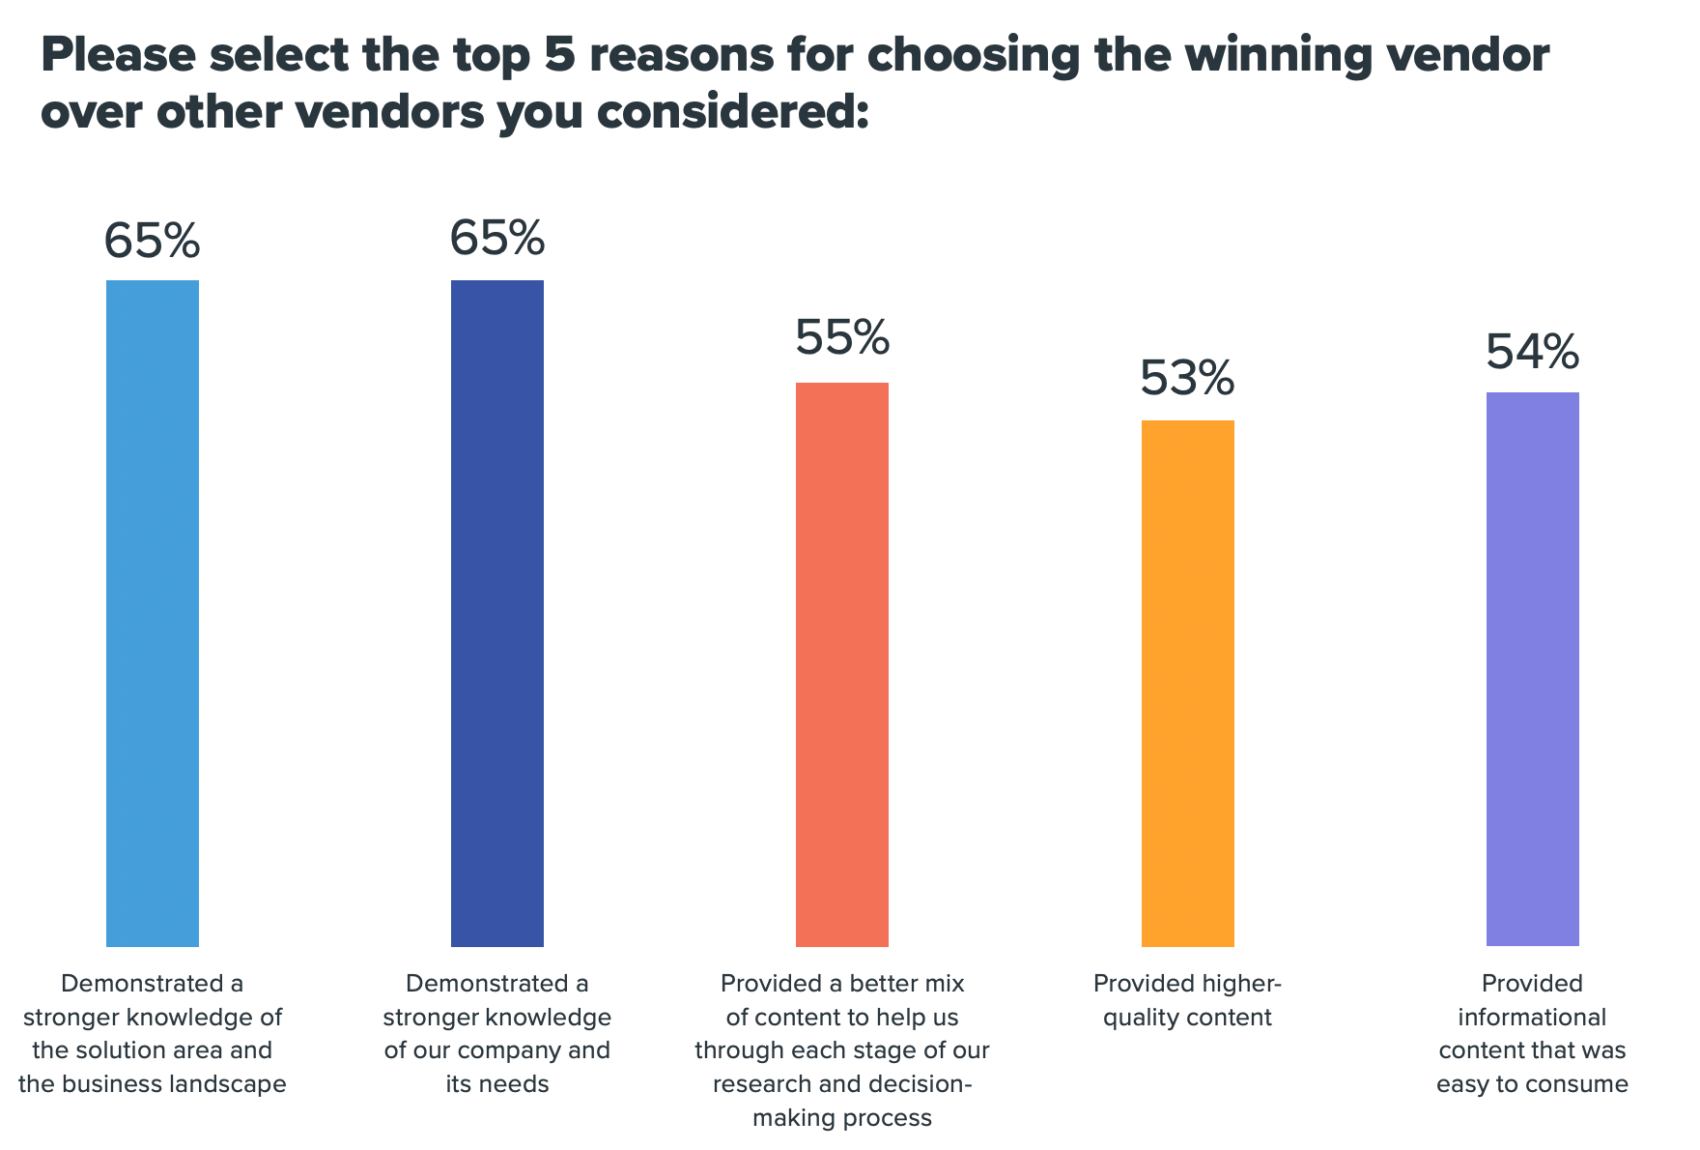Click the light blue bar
(153, 613)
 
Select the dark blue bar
(497, 613)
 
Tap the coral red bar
(842, 664)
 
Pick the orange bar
(1187, 682)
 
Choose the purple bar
(1532, 669)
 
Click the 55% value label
(842, 337)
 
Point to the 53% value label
(1187, 378)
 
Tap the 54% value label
(1532, 352)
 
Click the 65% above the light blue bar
(153, 241)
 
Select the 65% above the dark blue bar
(497, 238)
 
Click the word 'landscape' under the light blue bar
(227, 1084)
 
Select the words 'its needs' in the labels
(497, 1084)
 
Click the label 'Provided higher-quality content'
(1187, 1000)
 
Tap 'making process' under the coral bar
(842, 1118)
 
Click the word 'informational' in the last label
(1532, 1018)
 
